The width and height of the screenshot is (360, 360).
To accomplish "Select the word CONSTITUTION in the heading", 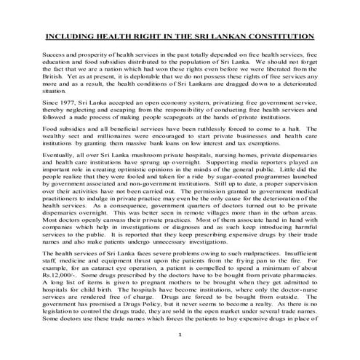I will click(284, 36).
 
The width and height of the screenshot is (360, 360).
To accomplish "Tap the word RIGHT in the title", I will click(140, 36).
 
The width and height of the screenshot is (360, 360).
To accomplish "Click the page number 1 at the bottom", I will click(179, 333).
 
